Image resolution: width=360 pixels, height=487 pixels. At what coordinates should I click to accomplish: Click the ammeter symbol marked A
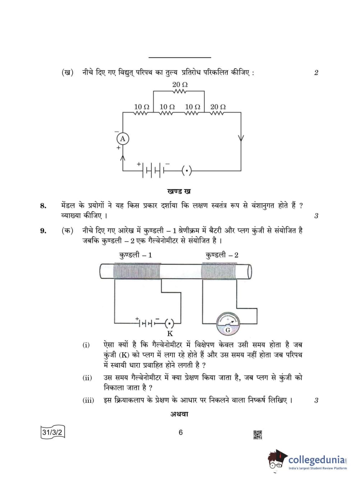click(123, 139)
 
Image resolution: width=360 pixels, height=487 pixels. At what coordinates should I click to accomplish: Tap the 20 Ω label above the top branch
click(180, 85)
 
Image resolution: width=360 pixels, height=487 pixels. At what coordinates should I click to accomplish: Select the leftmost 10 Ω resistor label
click(142, 107)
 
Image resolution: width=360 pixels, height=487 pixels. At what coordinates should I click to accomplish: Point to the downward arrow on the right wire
click(241, 138)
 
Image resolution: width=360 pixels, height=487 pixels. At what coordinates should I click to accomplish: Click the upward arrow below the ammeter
click(123, 158)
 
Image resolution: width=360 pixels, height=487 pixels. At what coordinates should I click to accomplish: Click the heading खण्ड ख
click(179, 191)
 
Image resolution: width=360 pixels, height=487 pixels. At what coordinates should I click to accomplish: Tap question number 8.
click(43, 206)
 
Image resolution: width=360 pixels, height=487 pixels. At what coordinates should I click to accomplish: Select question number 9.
click(43, 231)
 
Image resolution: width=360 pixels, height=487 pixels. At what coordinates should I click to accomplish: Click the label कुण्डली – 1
click(135, 255)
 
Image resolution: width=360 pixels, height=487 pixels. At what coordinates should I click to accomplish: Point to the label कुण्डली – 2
click(222, 255)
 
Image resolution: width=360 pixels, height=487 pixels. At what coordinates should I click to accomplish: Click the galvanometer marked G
click(228, 324)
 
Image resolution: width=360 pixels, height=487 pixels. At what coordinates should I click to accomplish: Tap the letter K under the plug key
click(170, 334)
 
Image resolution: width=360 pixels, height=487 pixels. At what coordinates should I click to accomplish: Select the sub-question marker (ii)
click(87, 378)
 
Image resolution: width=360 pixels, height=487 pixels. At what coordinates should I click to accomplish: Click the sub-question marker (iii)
click(88, 400)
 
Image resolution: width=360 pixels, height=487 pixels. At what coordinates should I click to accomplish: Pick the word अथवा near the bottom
click(179, 414)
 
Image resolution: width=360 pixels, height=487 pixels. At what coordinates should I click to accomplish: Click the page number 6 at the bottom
click(181, 432)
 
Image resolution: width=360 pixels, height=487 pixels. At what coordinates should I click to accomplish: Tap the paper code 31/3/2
click(52, 432)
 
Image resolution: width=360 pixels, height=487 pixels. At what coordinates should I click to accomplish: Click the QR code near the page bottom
click(258, 435)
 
